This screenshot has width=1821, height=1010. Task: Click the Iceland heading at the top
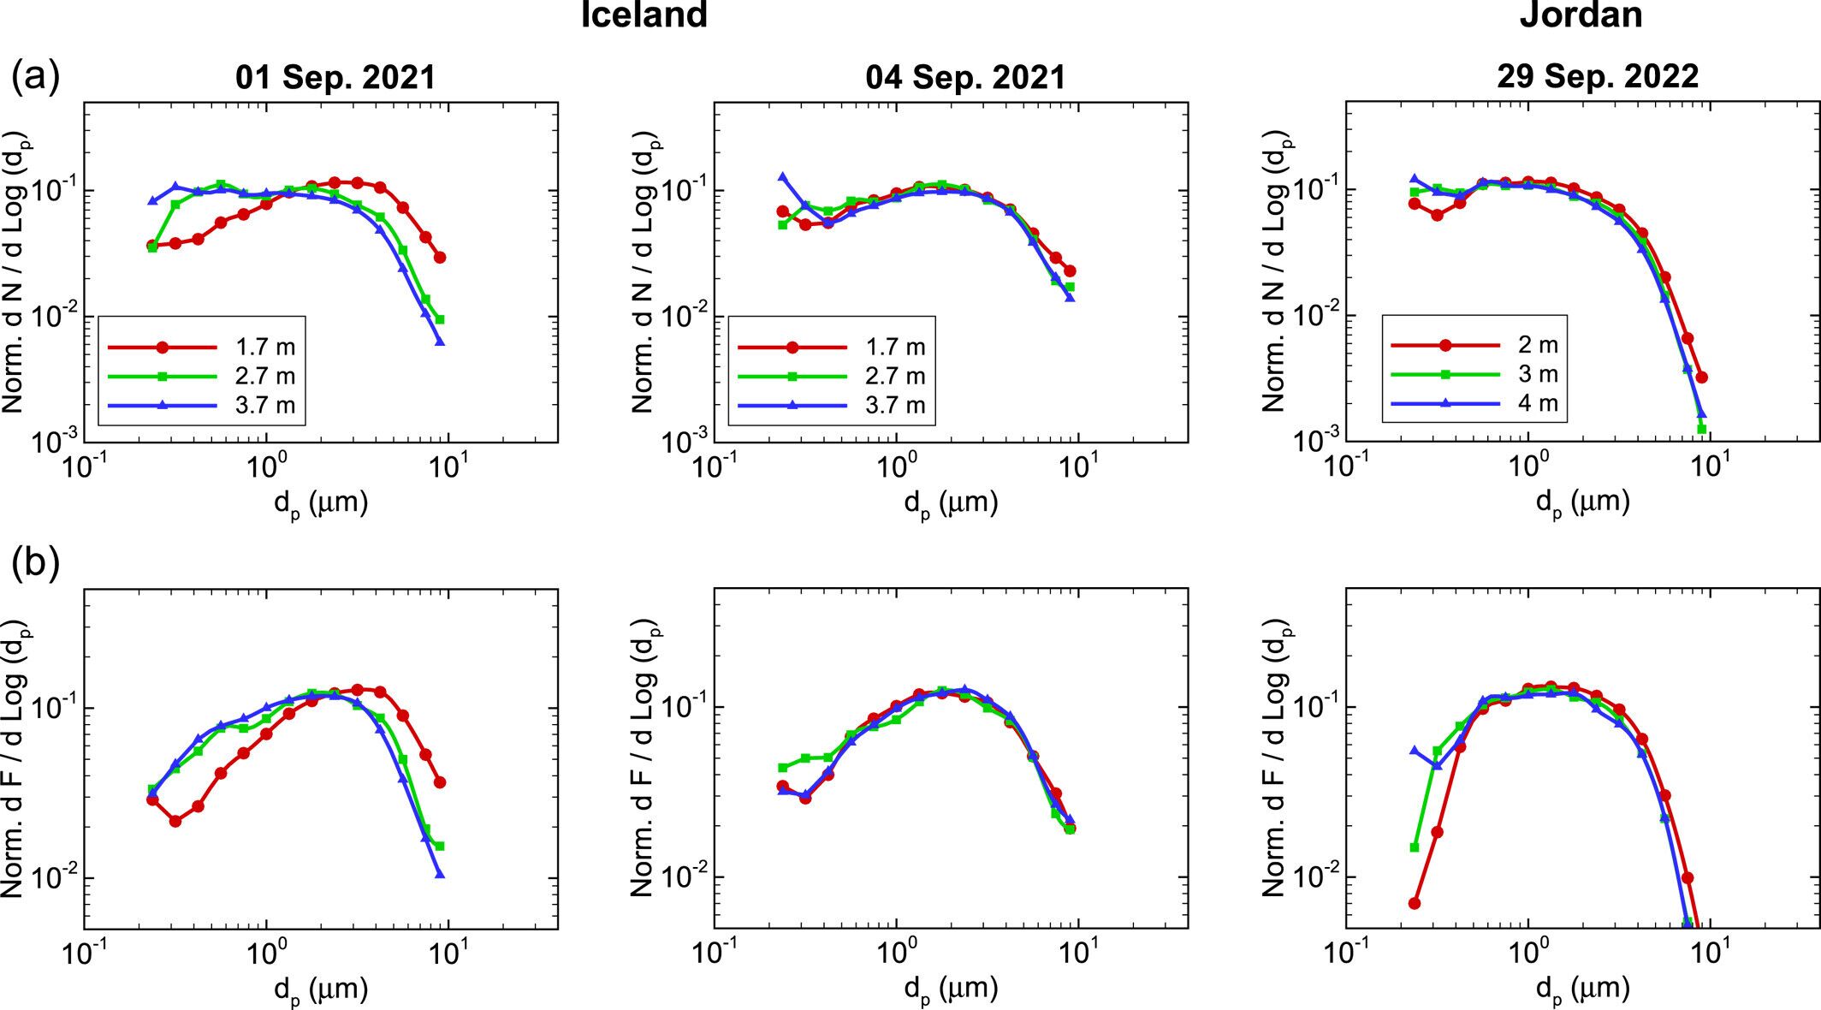click(644, 15)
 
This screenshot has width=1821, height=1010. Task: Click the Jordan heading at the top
click(1581, 15)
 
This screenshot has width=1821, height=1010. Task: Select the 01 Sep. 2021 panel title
click(335, 78)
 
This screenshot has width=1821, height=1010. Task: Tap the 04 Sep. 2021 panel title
click(965, 78)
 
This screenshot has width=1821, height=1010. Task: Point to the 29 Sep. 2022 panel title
click(1597, 77)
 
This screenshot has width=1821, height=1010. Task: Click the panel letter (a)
click(35, 77)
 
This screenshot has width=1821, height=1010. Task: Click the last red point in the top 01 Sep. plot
click(440, 257)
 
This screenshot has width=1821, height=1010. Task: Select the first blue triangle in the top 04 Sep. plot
click(782, 177)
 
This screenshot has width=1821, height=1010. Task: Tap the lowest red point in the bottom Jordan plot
click(1415, 903)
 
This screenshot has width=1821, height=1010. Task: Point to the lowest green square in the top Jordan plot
click(1702, 429)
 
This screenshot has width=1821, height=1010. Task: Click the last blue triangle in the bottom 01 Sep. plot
click(440, 874)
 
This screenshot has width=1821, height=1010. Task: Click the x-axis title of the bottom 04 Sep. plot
click(951, 989)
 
